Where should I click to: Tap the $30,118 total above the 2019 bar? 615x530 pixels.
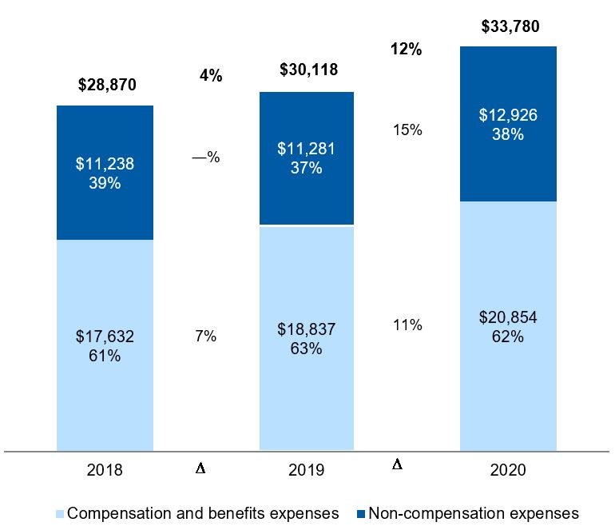pos(308,70)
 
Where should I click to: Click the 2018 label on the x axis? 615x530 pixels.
pos(105,471)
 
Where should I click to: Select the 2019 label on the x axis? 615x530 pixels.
pos(307,471)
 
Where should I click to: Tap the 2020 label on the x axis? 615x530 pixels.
pos(509,471)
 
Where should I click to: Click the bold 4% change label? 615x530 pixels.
pos(210,77)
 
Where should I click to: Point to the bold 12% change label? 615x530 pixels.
pos(406,50)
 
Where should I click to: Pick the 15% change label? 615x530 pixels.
pos(407,130)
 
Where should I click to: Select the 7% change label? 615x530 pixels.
pos(206,337)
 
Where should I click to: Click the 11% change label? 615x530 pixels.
pos(407,325)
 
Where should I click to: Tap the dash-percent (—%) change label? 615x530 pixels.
pos(206,157)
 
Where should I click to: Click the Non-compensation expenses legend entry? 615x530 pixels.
pos(470,512)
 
